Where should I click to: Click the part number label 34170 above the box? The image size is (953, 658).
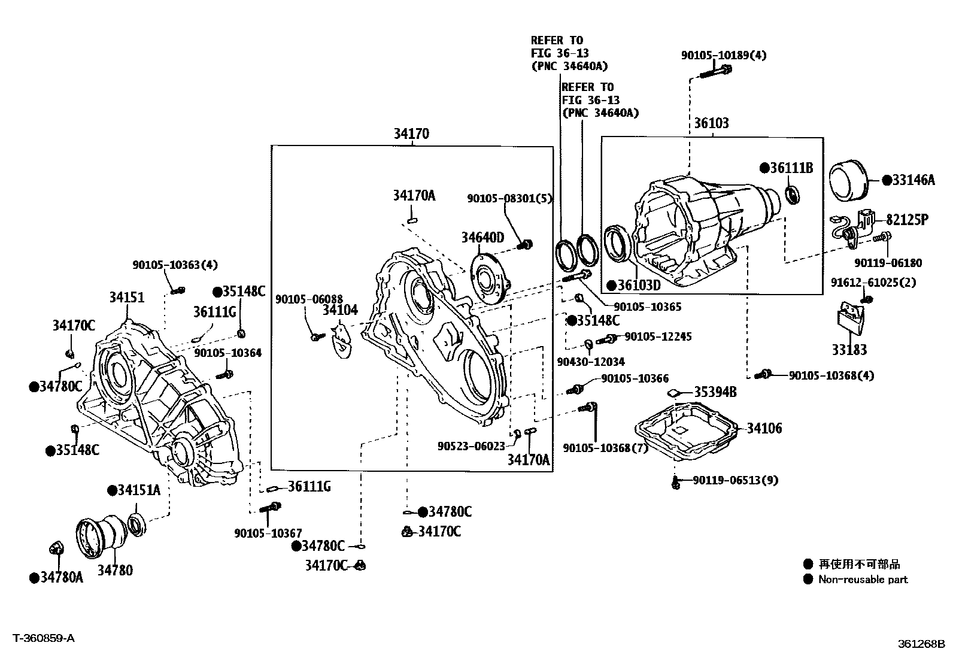[x=411, y=134]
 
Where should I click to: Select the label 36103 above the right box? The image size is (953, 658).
[x=711, y=123]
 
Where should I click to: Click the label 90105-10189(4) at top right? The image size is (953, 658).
[x=723, y=55]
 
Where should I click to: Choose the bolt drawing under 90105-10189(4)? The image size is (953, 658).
[x=715, y=72]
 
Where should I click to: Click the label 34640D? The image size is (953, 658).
[x=482, y=237]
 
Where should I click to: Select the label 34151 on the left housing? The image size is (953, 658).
[x=126, y=297]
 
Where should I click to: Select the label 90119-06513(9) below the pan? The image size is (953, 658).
[x=736, y=480]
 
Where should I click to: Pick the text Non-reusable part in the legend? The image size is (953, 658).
[x=863, y=580]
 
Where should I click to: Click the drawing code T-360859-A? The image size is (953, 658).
[x=44, y=638]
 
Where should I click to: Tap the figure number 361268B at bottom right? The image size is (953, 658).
[x=920, y=644]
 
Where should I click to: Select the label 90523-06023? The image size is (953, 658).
[x=471, y=446]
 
